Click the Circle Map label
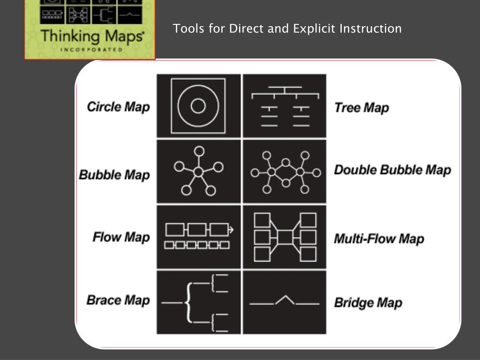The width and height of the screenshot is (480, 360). pyautogui.click(x=119, y=107)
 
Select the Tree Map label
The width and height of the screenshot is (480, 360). pyautogui.click(x=361, y=108)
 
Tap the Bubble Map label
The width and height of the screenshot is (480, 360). pyautogui.click(x=114, y=175)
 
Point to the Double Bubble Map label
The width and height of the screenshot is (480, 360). pyautogui.click(x=392, y=170)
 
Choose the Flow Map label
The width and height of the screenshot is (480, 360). pyautogui.click(x=121, y=237)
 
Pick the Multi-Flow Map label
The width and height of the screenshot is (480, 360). pyautogui.click(x=379, y=239)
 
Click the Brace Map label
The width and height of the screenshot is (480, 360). pyautogui.click(x=118, y=300)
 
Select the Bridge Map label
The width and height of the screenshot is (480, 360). pyautogui.click(x=368, y=303)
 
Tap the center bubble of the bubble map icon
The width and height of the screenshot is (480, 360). pyautogui.click(x=198, y=172)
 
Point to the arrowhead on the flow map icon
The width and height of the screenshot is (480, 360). pyautogui.click(x=231, y=229)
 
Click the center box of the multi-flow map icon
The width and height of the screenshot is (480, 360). pyautogui.click(x=285, y=237)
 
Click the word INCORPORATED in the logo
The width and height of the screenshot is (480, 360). pyautogui.click(x=91, y=50)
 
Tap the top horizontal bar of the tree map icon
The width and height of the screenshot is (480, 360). pyautogui.click(x=285, y=87)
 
